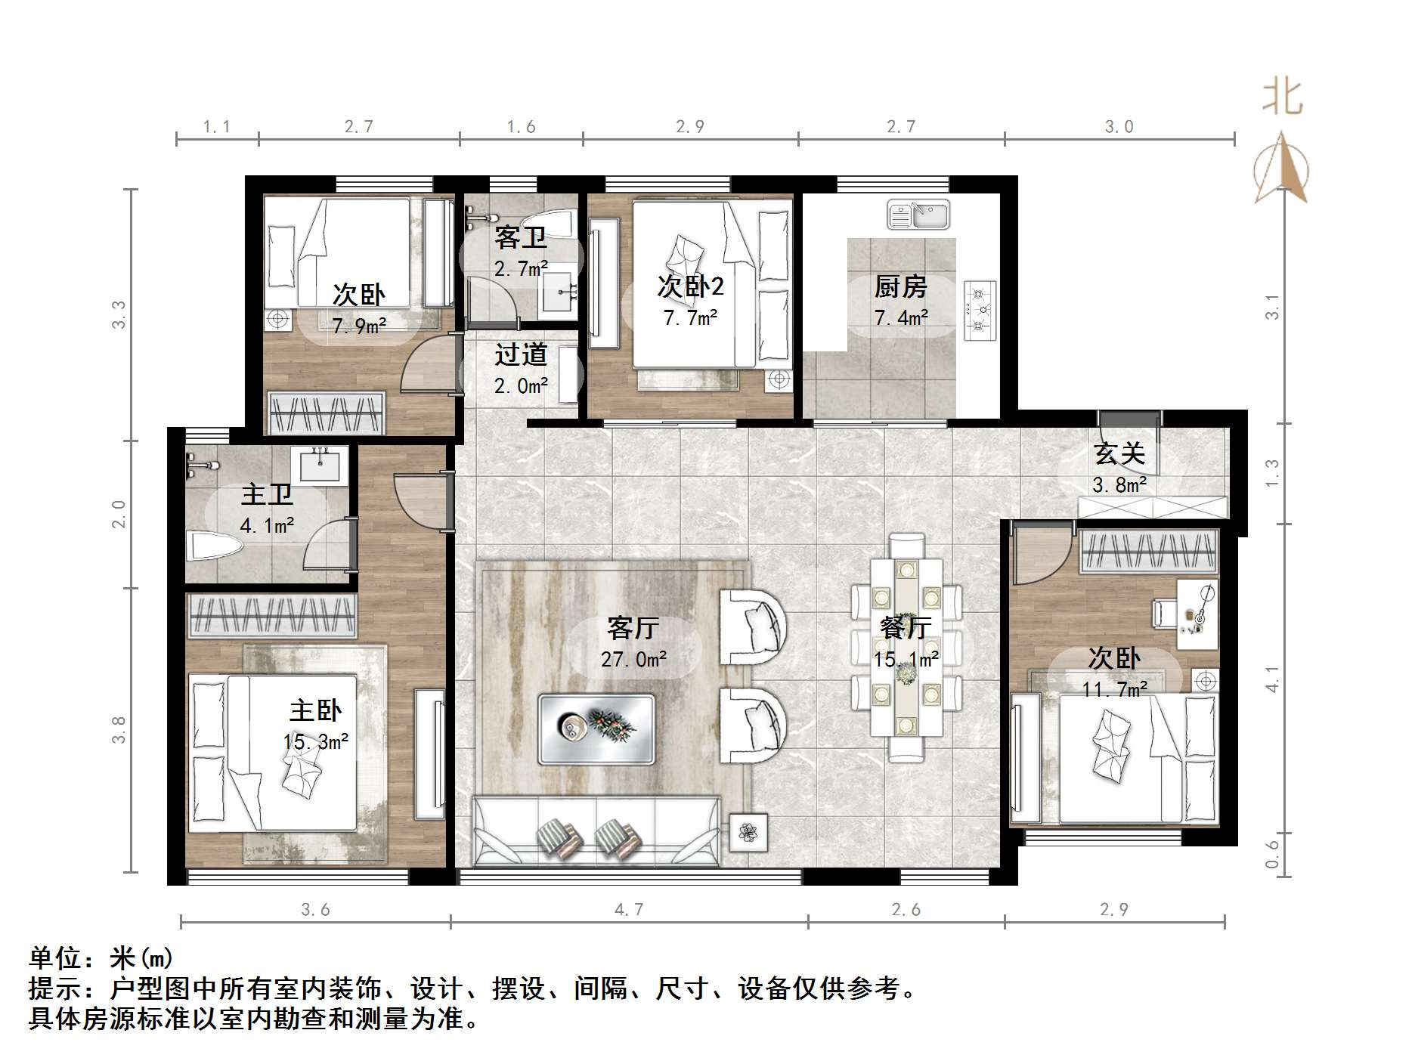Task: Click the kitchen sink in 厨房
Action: [x=918, y=214]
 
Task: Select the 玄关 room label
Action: [x=1119, y=453]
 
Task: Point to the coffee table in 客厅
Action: [x=596, y=728]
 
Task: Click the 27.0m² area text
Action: [x=633, y=660]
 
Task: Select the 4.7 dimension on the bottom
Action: [x=629, y=910]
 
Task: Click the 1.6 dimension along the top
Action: [x=521, y=127]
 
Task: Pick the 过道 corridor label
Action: [x=521, y=354]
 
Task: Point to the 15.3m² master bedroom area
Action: [x=316, y=742]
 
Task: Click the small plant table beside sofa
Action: [x=748, y=833]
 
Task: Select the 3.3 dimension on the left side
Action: [x=119, y=314]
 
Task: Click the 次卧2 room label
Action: [x=689, y=286]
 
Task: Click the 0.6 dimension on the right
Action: [x=1273, y=854]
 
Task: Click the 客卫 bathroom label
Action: [x=521, y=238]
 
